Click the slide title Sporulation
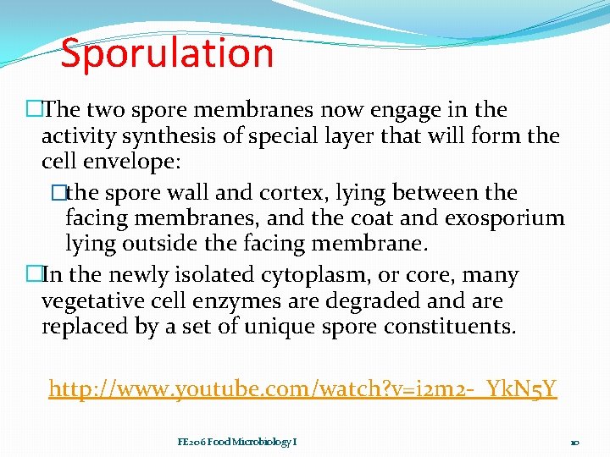point(167,52)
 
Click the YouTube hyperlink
point(302,388)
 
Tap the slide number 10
point(574,443)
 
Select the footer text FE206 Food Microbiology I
point(236,442)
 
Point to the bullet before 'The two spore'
point(33,110)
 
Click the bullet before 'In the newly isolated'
point(33,275)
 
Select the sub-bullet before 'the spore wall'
point(58,193)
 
